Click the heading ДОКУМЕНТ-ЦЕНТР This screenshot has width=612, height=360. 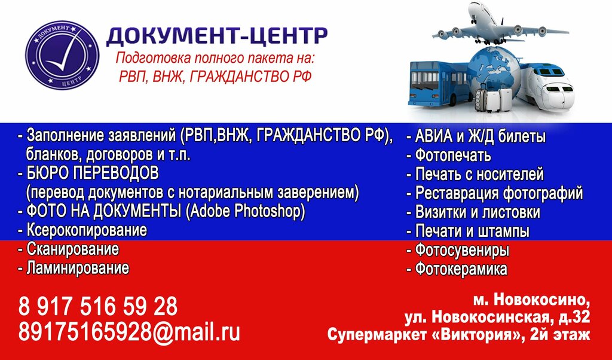pyautogui.click(x=216, y=36)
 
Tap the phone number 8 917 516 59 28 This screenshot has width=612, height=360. pyautogui.click(x=98, y=307)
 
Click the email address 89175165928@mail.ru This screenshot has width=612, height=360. pyautogui.click(x=129, y=332)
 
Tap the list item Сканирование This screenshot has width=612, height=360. pyautogui.click(x=72, y=249)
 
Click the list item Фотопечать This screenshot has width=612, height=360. pyautogui.click(x=452, y=156)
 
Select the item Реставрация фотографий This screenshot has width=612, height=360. pyautogui.click(x=498, y=193)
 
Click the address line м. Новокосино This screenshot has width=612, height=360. pyautogui.click(x=531, y=298)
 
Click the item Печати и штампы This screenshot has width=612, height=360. pyautogui.click(x=472, y=231)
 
